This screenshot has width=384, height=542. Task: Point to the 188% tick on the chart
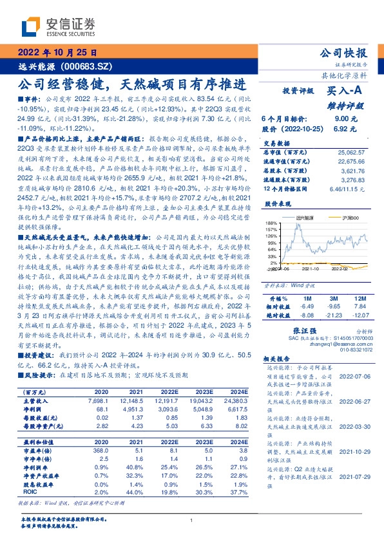tap(271, 223)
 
